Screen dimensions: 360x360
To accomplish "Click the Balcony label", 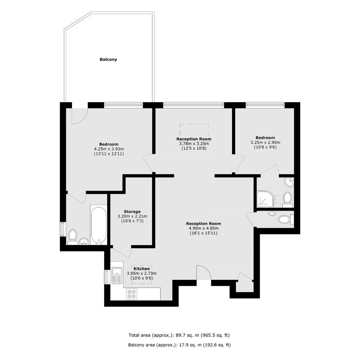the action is [x=108, y=59].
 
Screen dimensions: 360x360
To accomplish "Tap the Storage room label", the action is [x=132, y=211].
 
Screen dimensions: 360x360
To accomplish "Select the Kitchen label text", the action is [x=142, y=268].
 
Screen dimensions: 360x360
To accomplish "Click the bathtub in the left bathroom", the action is [x=99, y=225].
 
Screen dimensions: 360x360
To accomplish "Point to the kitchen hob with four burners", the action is [x=132, y=294].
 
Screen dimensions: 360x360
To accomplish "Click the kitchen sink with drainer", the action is [x=117, y=275].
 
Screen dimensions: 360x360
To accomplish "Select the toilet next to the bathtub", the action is [x=72, y=237].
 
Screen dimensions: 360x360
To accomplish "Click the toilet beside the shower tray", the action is [x=287, y=199].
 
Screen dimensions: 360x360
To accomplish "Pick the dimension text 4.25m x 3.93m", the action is [x=109, y=149].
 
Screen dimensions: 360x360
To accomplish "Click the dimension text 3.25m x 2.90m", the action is [x=265, y=142].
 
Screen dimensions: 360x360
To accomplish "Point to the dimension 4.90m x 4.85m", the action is [x=203, y=228].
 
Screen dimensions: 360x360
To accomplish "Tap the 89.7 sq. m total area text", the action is [x=179, y=335].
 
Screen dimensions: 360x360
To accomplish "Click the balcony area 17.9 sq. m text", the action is [x=179, y=345].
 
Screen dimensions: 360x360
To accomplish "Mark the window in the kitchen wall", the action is [x=106, y=277].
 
